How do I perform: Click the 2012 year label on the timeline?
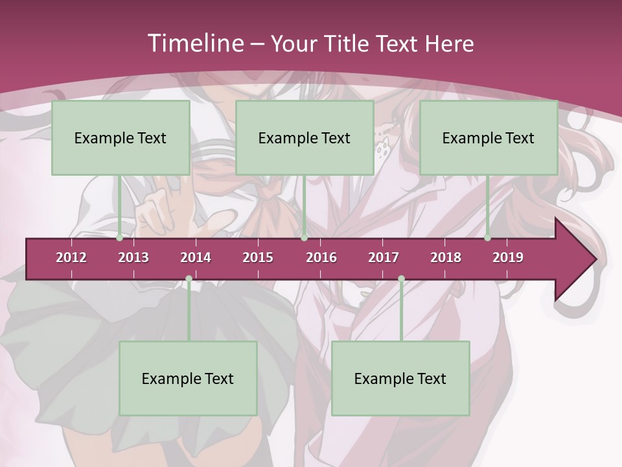click(71, 257)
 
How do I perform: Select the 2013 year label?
click(133, 257)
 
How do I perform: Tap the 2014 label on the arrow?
click(196, 257)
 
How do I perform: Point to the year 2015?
click(258, 257)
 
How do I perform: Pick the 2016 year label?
click(321, 257)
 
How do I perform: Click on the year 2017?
click(384, 257)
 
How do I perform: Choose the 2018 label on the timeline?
click(446, 257)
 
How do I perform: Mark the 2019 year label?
click(508, 257)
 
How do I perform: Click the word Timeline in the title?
click(194, 43)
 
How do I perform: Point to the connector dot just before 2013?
click(120, 238)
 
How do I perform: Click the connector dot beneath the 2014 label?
click(189, 279)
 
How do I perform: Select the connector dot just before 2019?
click(488, 238)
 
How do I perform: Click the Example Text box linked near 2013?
click(121, 138)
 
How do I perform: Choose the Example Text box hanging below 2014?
click(188, 379)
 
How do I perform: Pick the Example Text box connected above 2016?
click(305, 138)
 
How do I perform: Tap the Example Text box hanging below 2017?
click(400, 379)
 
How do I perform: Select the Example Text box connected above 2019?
click(489, 138)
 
